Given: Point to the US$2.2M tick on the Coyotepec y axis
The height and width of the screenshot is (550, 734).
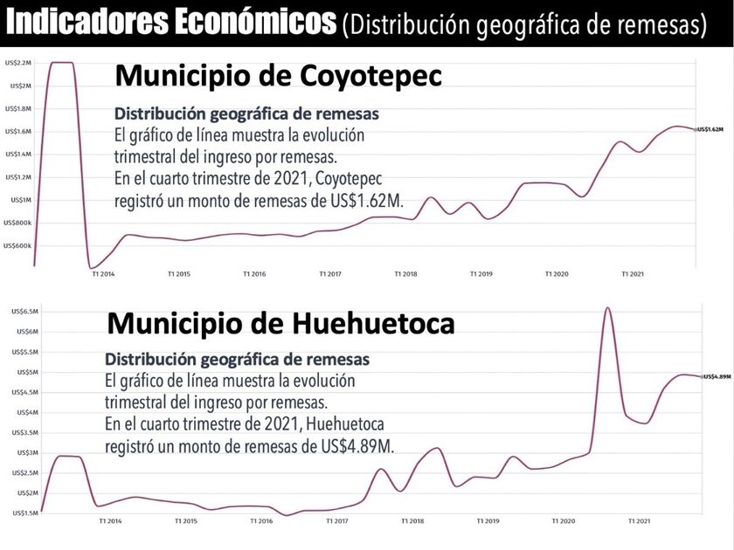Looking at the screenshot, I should [17, 63].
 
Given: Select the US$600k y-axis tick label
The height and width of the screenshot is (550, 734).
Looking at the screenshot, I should [17, 245].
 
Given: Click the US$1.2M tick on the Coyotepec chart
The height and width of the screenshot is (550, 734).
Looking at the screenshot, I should [17, 177].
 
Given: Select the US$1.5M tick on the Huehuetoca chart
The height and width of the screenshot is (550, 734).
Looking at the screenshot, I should [21, 513].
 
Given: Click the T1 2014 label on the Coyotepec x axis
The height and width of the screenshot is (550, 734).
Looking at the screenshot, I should [103, 274].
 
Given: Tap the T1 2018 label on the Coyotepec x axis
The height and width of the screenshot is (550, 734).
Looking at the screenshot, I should [405, 274].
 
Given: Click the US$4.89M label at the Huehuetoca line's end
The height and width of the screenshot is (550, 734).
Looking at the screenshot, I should [716, 376].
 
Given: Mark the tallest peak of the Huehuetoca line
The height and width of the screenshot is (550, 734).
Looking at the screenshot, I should [607, 308].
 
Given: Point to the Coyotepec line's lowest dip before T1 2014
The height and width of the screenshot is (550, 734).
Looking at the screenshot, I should [91, 267].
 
